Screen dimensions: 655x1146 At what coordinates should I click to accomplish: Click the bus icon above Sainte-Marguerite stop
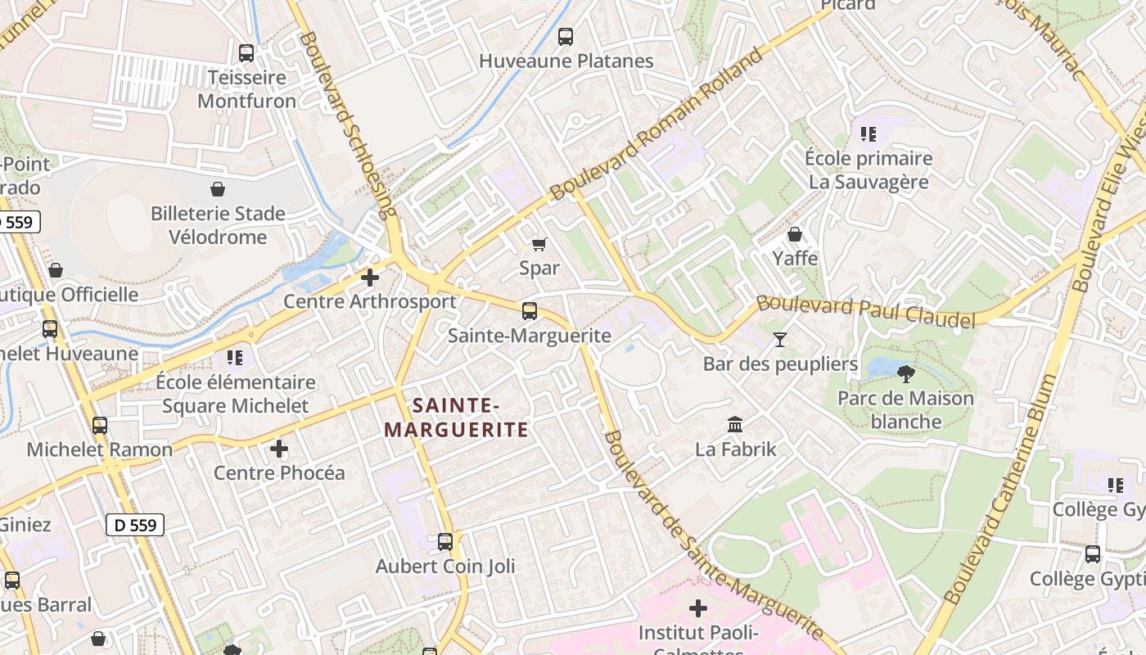530,311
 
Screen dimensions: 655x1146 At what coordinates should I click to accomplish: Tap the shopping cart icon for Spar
539,244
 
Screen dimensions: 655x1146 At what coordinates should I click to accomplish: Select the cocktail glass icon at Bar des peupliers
780,339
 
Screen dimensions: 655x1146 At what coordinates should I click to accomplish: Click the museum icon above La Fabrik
735,425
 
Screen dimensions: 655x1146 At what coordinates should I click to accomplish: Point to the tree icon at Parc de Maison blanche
905,374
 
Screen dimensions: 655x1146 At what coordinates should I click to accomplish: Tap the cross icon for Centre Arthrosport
370,278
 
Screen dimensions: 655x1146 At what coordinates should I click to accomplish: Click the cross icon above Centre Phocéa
279,449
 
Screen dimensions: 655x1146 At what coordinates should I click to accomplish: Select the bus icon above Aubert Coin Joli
445,541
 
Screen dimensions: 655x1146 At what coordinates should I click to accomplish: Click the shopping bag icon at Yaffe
794,235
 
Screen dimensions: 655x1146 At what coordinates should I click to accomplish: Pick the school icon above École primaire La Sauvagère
868,133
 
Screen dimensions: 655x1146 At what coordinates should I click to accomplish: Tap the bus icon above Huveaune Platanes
566,36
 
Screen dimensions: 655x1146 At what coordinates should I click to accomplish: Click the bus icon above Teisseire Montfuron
246,53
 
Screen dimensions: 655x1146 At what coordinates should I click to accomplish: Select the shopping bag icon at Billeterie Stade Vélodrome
218,190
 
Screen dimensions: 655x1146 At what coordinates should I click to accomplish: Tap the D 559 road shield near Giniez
135,525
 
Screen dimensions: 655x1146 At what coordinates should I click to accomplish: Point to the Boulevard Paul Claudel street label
866,311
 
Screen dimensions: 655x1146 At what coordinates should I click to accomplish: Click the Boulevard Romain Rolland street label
657,124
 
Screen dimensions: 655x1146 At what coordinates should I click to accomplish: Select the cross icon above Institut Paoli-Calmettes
698,608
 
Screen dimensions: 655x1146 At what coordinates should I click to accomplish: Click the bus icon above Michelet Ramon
100,426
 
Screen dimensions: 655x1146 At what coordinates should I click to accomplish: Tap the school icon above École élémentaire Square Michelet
235,358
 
